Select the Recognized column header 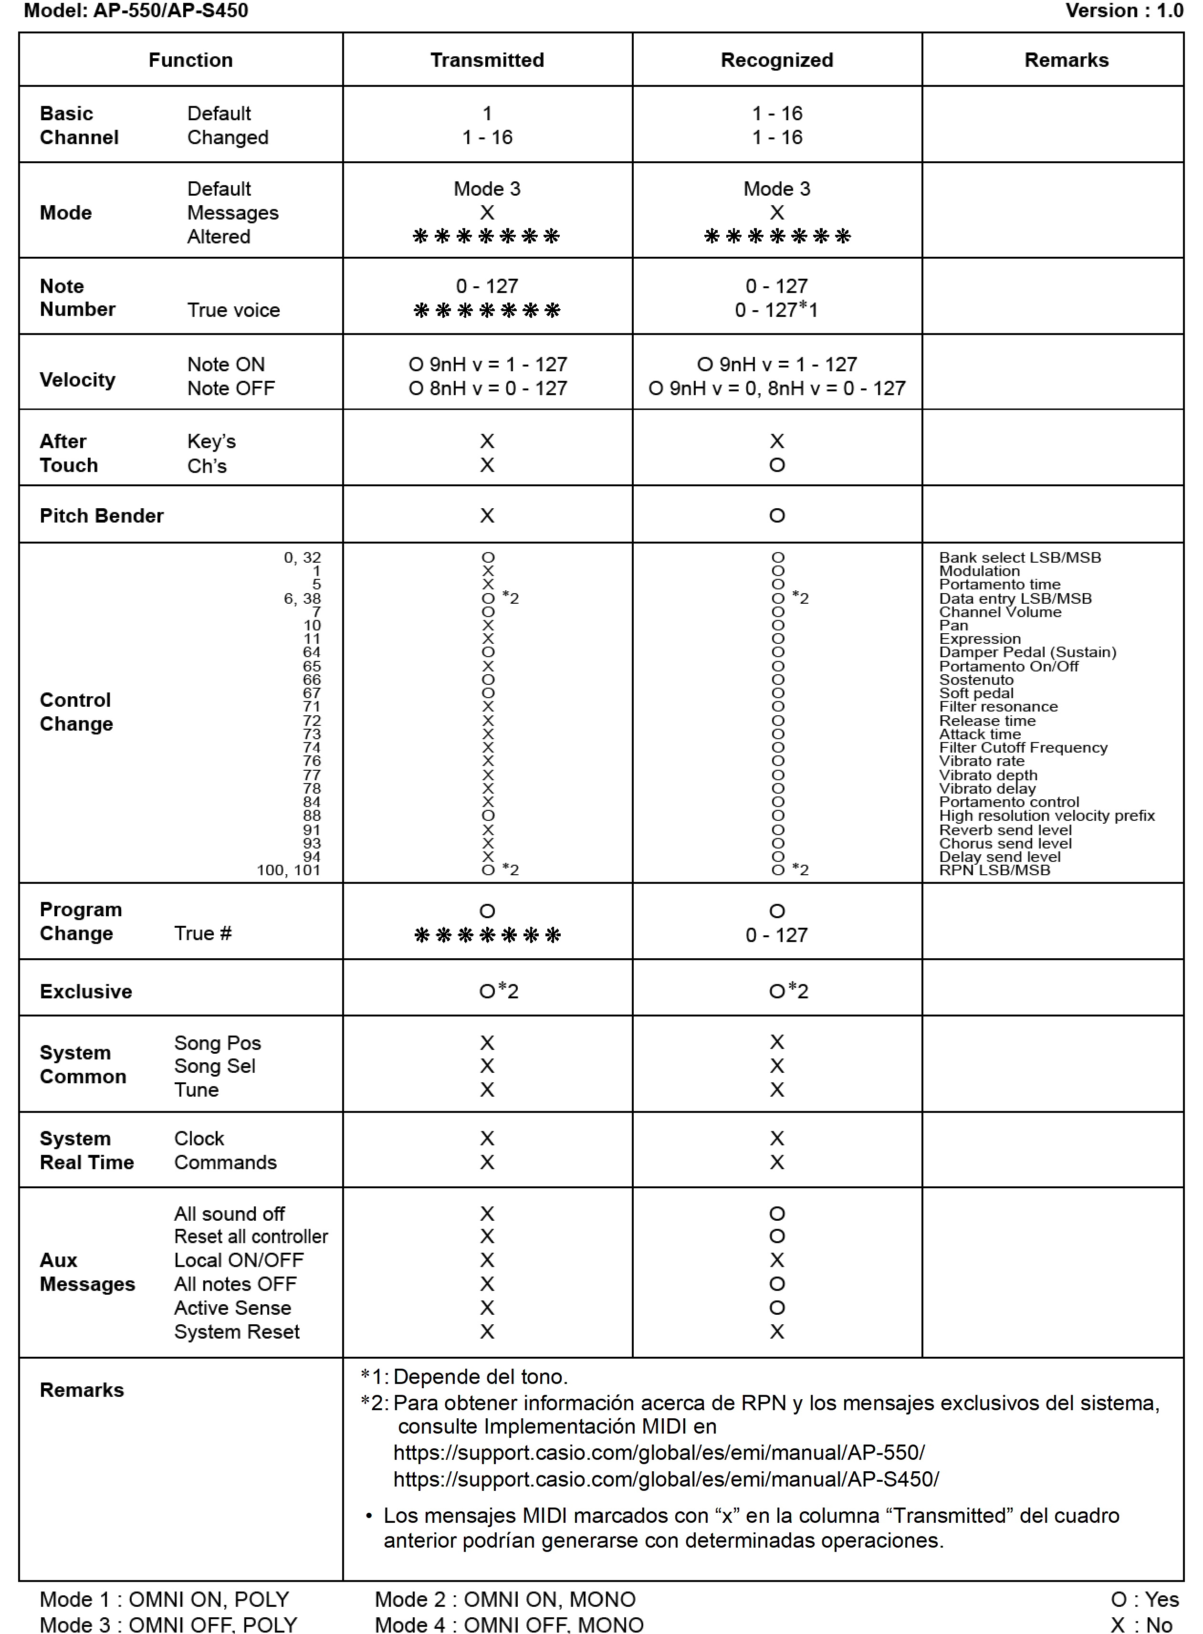coord(777,60)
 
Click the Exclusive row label coord(86,991)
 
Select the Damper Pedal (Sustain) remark coord(1027,652)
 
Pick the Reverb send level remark coord(1005,830)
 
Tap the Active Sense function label coord(232,1308)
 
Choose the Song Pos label coord(217,1043)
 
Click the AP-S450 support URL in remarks coord(666,1479)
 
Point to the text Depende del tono coord(480,1377)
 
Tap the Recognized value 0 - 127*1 coord(776,309)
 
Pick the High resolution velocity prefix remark coord(1046,816)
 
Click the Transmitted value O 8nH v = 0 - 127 coord(487,388)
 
